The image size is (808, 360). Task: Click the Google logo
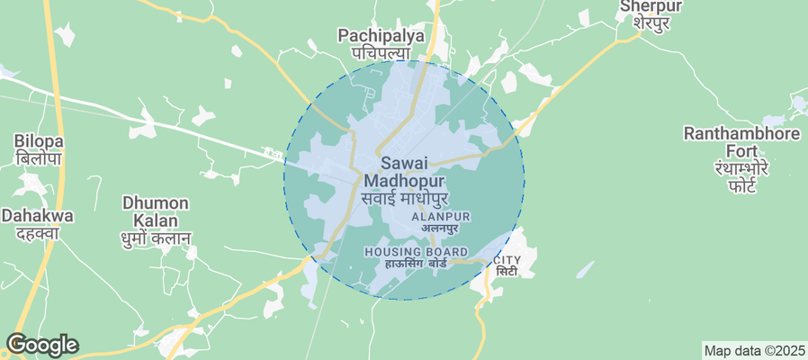pyautogui.click(x=42, y=345)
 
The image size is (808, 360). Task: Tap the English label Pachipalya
pyautogui.click(x=381, y=36)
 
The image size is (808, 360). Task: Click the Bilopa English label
pyautogui.click(x=38, y=141)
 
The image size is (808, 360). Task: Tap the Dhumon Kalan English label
pyautogui.click(x=155, y=211)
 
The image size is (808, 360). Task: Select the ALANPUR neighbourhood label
pyautogui.click(x=441, y=217)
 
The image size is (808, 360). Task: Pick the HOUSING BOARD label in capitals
pyautogui.click(x=416, y=251)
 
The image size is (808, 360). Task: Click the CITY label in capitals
pyautogui.click(x=507, y=260)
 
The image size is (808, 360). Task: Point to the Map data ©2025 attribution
pyautogui.click(x=754, y=350)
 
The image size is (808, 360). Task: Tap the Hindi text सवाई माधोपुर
pyautogui.click(x=404, y=198)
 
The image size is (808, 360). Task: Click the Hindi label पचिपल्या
pyautogui.click(x=381, y=54)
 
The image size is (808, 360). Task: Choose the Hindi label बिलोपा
pyautogui.click(x=38, y=158)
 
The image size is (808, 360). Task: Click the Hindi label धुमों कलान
pyautogui.click(x=155, y=238)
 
